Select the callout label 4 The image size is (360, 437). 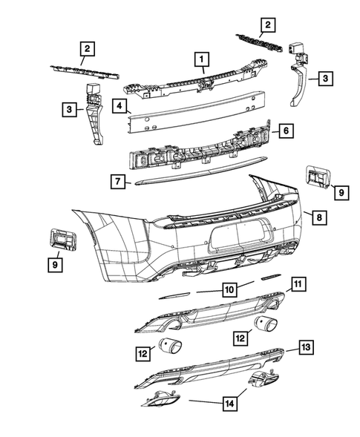[x=119, y=107]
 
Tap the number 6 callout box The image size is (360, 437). [x=286, y=131]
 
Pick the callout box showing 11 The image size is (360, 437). [x=297, y=283]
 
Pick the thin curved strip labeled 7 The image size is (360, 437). [x=193, y=174]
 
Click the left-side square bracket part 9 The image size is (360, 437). [x=61, y=238]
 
